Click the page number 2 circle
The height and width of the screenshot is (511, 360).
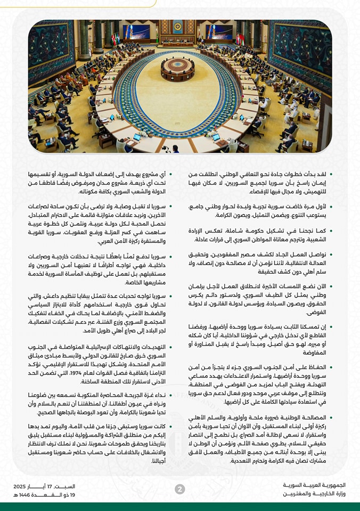(x=180, y=489)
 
